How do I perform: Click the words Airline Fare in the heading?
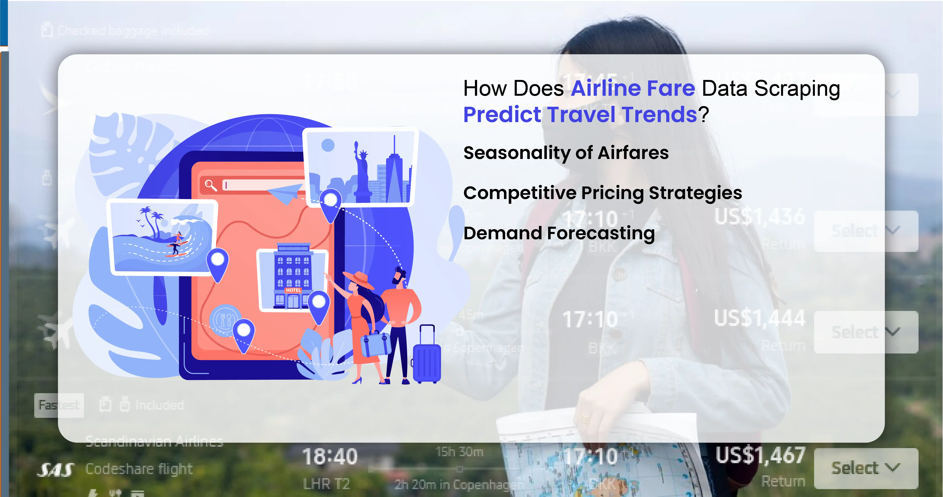(632, 89)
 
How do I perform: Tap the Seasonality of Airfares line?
(565, 153)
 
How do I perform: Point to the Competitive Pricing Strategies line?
(602, 193)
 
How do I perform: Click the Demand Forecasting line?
(559, 233)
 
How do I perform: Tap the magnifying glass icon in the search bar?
(211, 185)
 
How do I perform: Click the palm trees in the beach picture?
(152, 220)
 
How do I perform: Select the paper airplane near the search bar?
(285, 193)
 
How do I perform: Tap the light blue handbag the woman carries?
(375, 344)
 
